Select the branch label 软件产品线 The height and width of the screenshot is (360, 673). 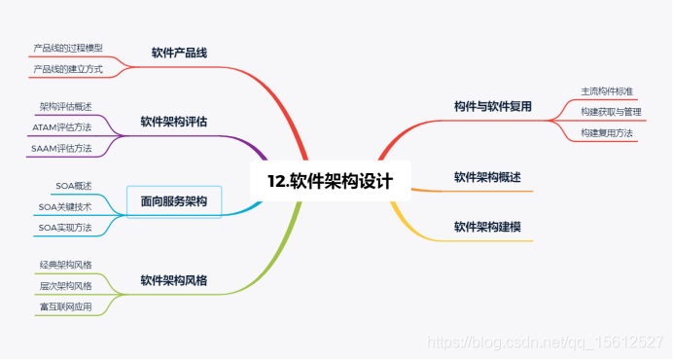pyautogui.click(x=180, y=52)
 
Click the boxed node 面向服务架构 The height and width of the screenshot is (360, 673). pyautogui.click(x=174, y=201)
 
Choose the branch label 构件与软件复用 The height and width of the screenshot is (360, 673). pyautogui.click(x=493, y=106)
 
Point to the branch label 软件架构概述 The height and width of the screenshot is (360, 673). pyautogui.click(x=487, y=177)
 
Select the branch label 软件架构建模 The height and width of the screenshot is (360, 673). pyautogui.click(x=487, y=227)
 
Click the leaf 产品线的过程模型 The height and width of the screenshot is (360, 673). pyautogui.click(x=68, y=48)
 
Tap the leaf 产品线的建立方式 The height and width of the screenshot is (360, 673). pyautogui.click(x=68, y=70)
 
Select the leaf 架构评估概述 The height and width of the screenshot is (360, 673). pyautogui.click(x=66, y=106)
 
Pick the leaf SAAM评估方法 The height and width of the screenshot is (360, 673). pyautogui.click(x=62, y=149)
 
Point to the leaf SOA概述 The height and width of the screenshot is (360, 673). pyautogui.click(x=73, y=185)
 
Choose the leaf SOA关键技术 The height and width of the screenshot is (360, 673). pyautogui.click(x=65, y=206)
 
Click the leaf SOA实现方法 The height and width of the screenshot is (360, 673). pyautogui.click(x=65, y=228)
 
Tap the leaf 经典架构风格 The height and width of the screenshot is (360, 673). pyautogui.click(x=66, y=265)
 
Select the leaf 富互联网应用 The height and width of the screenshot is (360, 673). pyautogui.click(x=66, y=307)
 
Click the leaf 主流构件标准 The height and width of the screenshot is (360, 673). pyautogui.click(x=607, y=90)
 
